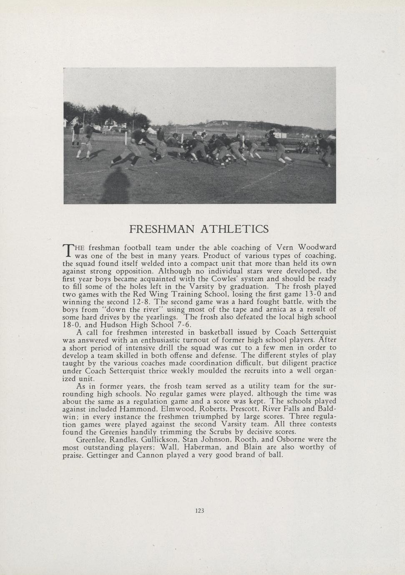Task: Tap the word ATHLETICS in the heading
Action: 235,229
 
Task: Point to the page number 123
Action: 199,510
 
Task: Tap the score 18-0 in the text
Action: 70,325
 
